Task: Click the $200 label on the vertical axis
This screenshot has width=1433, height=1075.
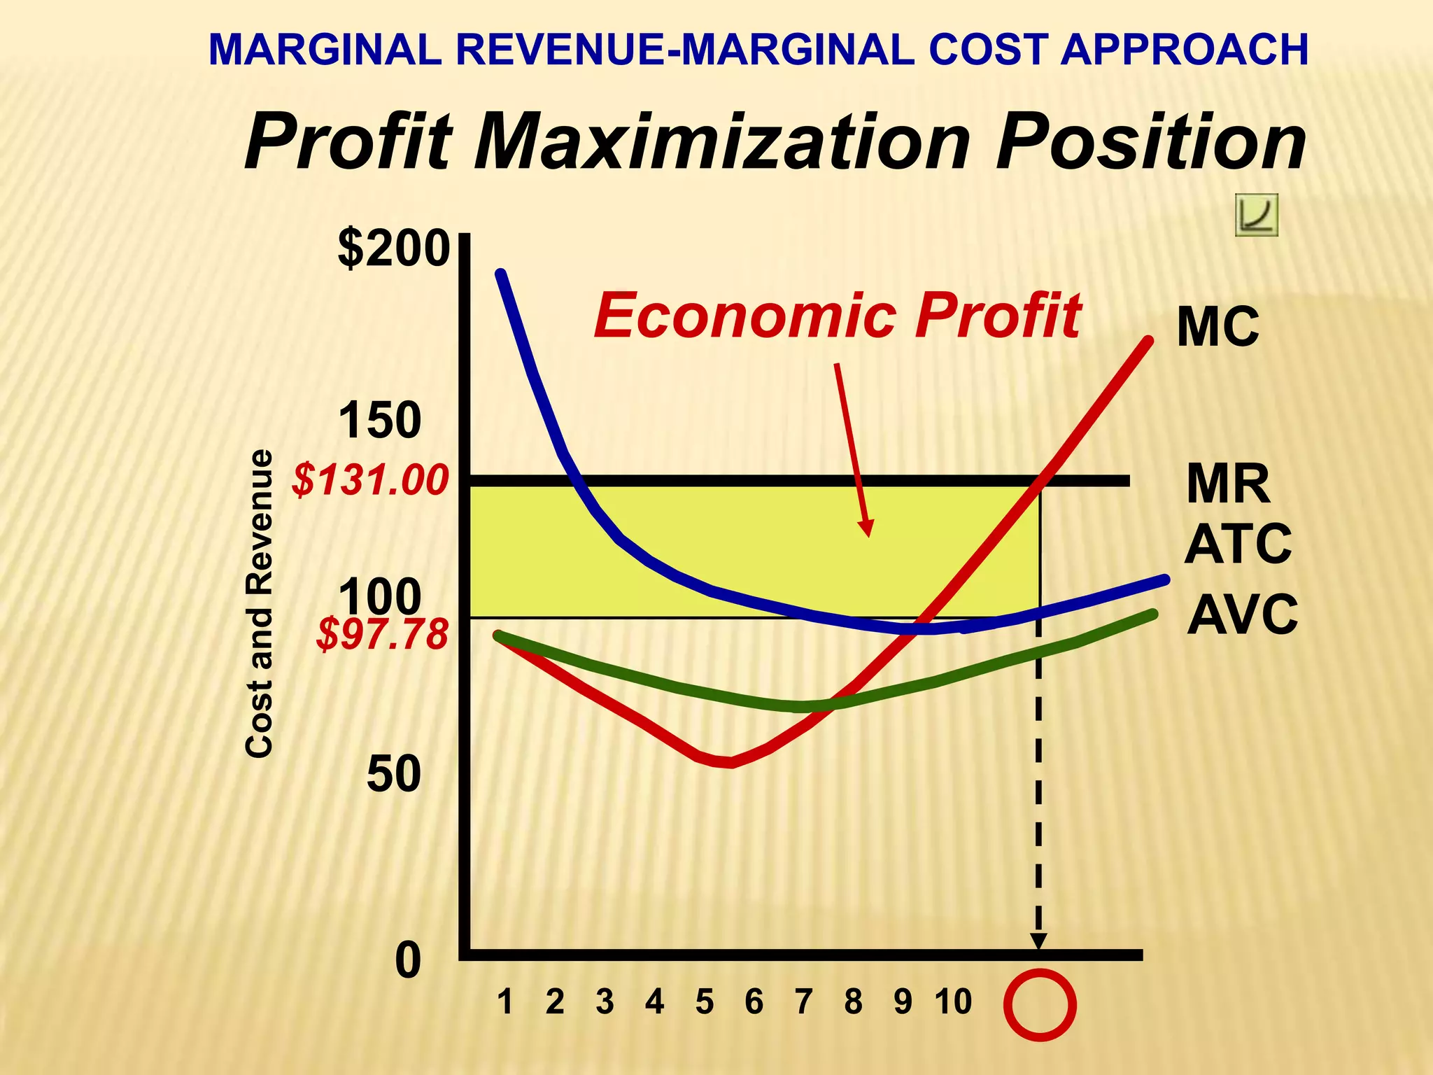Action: click(393, 248)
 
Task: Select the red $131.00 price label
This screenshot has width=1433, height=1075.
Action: click(370, 481)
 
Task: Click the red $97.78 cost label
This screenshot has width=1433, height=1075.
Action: click(382, 635)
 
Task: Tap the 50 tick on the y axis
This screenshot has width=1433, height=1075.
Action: click(394, 775)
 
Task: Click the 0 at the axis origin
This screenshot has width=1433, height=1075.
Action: click(408, 962)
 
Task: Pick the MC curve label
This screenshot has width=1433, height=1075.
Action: click(1217, 327)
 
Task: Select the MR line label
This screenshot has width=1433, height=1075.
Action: click(1228, 484)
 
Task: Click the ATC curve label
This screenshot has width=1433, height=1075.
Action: click(1238, 544)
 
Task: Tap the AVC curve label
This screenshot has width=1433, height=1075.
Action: click(1242, 614)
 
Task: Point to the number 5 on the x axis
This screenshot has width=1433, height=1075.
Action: click(704, 1002)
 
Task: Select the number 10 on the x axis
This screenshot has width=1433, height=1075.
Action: click(953, 1002)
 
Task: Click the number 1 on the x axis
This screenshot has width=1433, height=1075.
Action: click(504, 1002)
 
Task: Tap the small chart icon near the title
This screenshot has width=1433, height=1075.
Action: click(1257, 215)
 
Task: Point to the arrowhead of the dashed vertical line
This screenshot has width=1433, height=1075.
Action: click(1039, 941)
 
